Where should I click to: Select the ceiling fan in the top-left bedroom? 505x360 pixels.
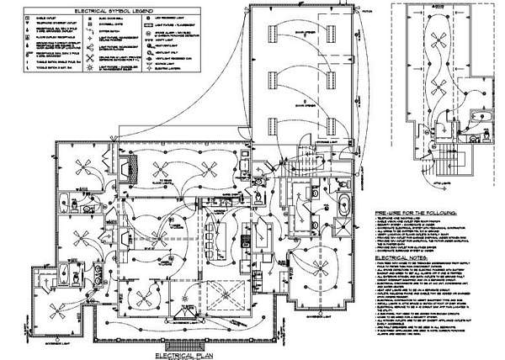click(84, 165)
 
